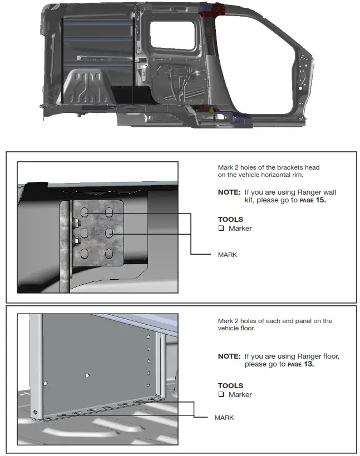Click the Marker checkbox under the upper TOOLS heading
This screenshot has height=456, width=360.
pyautogui.click(x=221, y=229)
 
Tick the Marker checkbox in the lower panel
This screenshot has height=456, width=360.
pyautogui.click(x=221, y=395)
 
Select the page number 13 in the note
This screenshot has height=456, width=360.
pyautogui.click(x=308, y=364)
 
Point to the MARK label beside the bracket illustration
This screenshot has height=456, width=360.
pyautogui.click(x=227, y=255)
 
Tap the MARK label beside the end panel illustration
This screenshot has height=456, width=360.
pyautogui.click(x=224, y=418)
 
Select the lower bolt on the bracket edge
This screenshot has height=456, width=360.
pyautogui.click(x=75, y=241)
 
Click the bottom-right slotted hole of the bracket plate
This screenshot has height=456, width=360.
pyautogui.click(x=109, y=254)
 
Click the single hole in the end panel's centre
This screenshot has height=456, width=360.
pyautogui.click(x=87, y=376)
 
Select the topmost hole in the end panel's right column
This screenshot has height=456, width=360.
pyautogui.click(x=148, y=338)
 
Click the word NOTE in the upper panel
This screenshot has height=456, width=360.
pyautogui.click(x=229, y=192)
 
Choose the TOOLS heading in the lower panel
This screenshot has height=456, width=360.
pyautogui.click(x=230, y=385)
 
